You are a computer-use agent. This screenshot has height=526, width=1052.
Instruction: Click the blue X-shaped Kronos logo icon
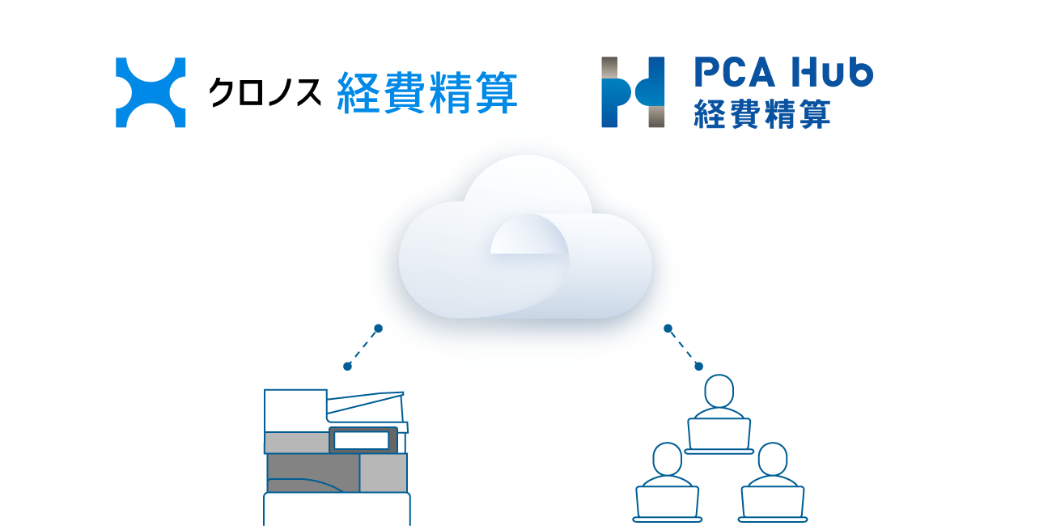coord(151,92)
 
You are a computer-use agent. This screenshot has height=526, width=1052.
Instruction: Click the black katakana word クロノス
coord(265,92)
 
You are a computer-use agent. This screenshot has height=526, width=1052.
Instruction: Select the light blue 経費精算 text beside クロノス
coord(427,92)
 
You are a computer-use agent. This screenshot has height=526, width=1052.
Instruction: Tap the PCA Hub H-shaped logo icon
coord(633,92)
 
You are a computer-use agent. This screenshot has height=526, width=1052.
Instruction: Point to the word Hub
coord(832,72)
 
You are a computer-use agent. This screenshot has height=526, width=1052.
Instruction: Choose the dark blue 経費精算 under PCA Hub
coord(761,113)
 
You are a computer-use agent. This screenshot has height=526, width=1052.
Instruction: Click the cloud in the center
coord(525,237)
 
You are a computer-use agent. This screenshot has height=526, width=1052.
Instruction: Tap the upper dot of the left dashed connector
coord(378,329)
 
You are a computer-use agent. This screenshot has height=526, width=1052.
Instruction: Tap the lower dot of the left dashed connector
coord(347,367)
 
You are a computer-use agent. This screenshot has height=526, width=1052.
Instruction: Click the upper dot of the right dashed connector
coord(668,329)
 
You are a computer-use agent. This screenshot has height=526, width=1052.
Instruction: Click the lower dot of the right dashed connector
coord(699,367)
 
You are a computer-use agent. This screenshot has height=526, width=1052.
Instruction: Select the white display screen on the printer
coord(361,440)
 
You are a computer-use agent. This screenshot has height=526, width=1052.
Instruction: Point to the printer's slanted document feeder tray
coord(366,407)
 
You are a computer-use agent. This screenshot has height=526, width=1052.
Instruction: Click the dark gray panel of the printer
coord(313,473)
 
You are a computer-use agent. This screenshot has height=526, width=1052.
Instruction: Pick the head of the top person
coord(719,391)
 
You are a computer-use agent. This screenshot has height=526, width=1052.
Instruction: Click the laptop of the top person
coord(719,436)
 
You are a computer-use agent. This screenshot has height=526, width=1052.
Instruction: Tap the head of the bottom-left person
coord(668,460)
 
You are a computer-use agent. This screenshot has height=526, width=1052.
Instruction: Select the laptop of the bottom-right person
coord(773,504)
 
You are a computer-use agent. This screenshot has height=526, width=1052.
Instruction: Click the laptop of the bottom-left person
coord(668,504)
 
